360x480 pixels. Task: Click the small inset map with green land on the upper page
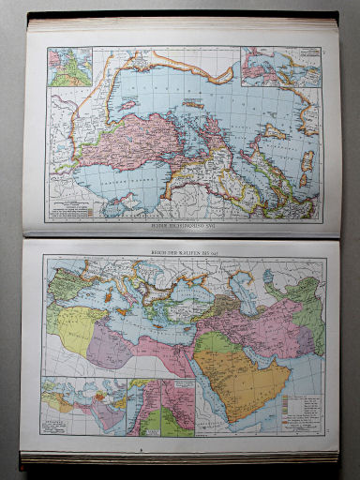coord(64,67)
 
